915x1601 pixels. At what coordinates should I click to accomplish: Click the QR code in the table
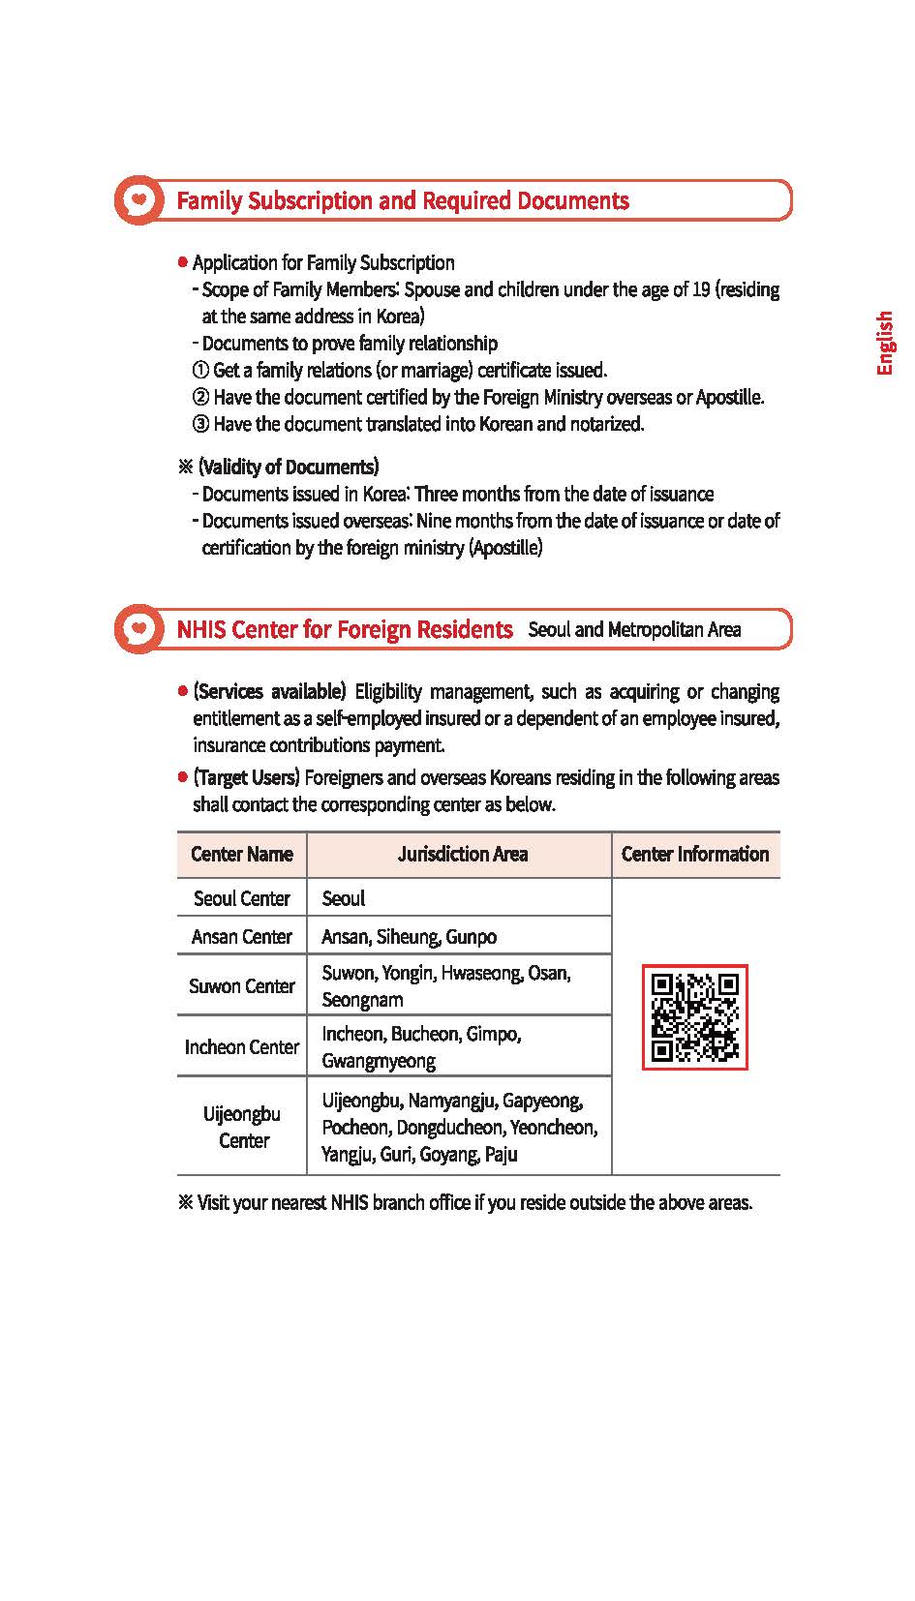pyautogui.click(x=694, y=1016)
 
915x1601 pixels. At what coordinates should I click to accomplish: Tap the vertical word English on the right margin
pyautogui.click(x=884, y=343)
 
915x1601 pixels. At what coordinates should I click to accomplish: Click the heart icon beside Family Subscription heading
pyautogui.click(x=139, y=200)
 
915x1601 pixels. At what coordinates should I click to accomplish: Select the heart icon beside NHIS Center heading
pyautogui.click(x=139, y=629)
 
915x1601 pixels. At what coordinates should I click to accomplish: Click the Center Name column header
pyautogui.click(x=241, y=854)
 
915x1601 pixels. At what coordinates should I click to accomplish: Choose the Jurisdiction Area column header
pyautogui.click(x=462, y=854)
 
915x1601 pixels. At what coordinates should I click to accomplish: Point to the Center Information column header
pyautogui.click(x=694, y=854)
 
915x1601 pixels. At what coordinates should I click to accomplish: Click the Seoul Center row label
pyautogui.click(x=241, y=898)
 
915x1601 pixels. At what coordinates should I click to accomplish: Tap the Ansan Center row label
pyautogui.click(x=241, y=936)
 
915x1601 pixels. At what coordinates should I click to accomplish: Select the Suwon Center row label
pyautogui.click(x=241, y=985)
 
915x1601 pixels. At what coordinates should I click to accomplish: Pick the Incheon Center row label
pyautogui.click(x=241, y=1046)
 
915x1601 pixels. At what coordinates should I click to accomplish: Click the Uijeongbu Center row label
pyautogui.click(x=242, y=1127)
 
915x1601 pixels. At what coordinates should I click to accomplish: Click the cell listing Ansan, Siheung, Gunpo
pyautogui.click(x=409, y=936)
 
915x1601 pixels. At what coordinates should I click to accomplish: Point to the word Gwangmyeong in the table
pyautogui.click(x=379, y=1061)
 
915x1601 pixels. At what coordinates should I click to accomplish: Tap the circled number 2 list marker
pyautogui.click(x=201, y=397)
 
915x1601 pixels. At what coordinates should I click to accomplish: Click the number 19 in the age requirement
pyautogui.click(x=701, y=289)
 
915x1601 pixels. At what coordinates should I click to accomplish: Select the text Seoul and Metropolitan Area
pyautogui.click(x=634, y=630)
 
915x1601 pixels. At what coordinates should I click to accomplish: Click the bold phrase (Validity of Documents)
pyautogui.click(x=289, y=467)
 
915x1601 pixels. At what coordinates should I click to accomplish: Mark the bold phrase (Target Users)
pyautogui.click(x=246, y=777)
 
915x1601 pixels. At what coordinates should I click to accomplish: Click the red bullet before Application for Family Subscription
pyautogui.click(x=183, y=262)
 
